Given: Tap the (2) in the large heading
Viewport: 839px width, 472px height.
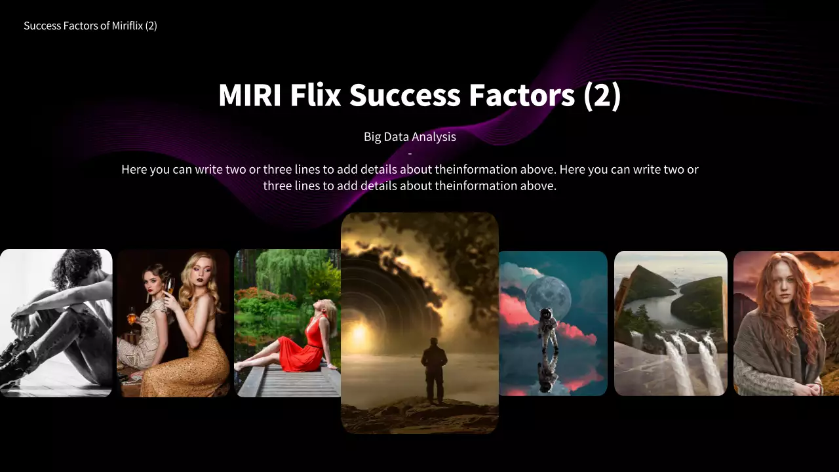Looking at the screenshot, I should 602,96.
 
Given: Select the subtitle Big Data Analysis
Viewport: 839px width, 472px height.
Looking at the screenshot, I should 410,137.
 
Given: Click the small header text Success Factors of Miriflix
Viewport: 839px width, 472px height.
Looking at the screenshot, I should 90,26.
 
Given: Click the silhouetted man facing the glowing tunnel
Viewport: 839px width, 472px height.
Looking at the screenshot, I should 434,370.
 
